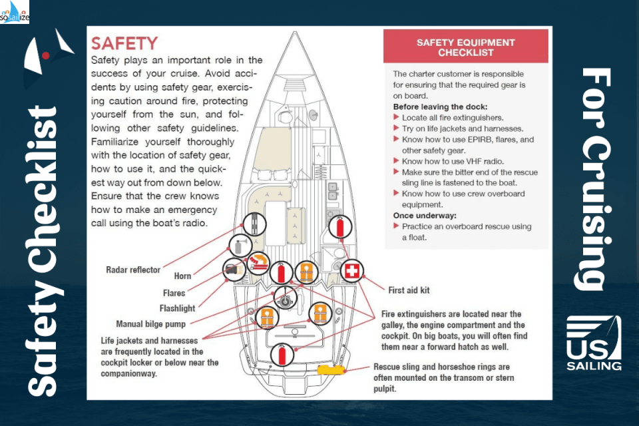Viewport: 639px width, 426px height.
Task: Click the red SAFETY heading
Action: tap(124, 44)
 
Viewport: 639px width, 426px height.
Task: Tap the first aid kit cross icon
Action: tap(351, 271)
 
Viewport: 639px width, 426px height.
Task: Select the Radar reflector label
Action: tap(133, 270)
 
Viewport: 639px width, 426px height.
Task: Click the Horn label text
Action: tap(182, 276)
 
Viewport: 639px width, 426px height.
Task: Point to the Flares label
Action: tap(174, 293)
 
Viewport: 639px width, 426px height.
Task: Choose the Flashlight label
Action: tap(177, 308)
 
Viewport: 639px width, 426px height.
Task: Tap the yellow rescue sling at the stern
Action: tap(331, 370)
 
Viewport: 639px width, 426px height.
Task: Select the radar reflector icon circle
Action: tap(254, 224)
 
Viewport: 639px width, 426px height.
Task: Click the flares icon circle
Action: tap(257, 262)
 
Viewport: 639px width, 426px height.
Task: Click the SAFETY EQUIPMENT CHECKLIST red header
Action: tap(465, 47)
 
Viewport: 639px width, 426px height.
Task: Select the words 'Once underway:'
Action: tap(425, 216)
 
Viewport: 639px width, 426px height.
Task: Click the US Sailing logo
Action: tap(594, 343)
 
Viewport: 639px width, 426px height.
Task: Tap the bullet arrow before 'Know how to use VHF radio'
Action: tap(397, 161)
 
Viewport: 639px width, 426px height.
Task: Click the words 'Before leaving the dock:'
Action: tap(440, 106)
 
